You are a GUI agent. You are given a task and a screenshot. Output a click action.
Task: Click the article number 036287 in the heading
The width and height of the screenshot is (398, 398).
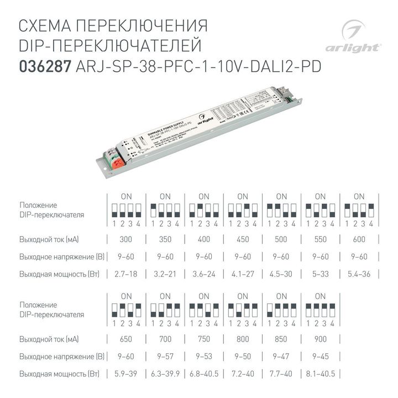point(44,66)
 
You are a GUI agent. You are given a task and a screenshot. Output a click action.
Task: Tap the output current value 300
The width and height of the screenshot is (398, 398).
point(126,239)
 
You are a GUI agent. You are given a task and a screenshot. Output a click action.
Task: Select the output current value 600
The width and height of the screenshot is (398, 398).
point(359,239)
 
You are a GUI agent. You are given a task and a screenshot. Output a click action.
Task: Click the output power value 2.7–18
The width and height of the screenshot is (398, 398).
point(126,274)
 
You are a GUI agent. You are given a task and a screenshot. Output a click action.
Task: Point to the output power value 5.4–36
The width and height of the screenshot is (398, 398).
point(359,274)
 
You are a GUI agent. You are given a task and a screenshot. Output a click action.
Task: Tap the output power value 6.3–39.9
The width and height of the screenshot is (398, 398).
point(165,374)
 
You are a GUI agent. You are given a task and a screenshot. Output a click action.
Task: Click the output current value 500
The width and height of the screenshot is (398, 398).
point(281,239)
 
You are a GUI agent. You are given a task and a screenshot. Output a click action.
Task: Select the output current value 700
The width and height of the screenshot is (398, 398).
point(165,339)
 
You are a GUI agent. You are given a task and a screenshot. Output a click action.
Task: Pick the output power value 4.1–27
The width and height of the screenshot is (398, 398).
point(243,274)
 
